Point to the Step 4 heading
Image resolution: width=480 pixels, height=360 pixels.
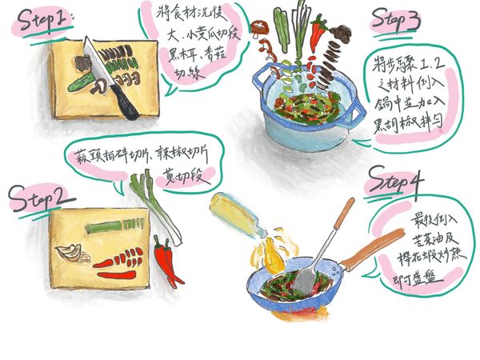point(398,183)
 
